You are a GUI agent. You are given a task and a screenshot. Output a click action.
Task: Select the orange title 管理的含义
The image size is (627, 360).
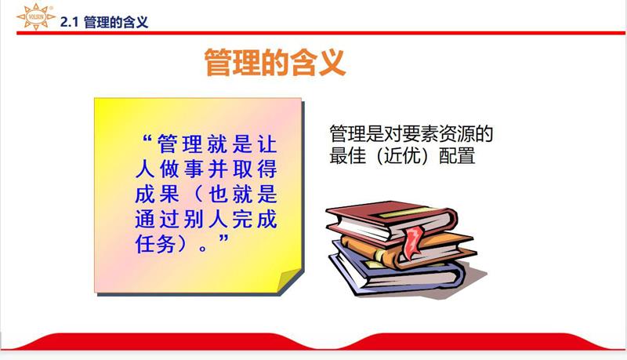(x=274, y=63)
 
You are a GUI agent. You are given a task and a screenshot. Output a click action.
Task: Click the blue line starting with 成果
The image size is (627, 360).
(x=208, y=193)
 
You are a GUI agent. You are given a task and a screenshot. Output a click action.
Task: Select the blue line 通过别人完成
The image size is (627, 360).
(x=208, y=217)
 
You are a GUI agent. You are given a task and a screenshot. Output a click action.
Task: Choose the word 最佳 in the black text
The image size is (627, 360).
(x=347, y=155)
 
